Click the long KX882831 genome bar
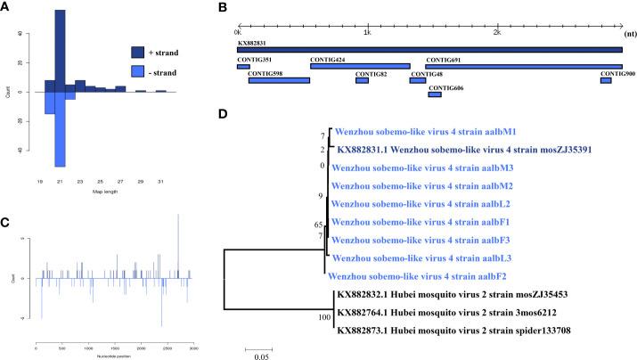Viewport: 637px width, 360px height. click(429, 50)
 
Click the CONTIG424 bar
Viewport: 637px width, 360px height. click(360, 66)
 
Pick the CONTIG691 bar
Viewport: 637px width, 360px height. click(524, 66)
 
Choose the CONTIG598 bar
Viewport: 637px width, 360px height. click(279, 81)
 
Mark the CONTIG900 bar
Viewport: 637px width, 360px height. click(606, 81)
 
